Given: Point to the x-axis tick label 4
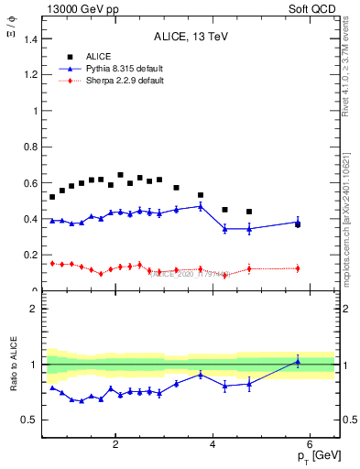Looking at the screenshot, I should click(x=213, y=445).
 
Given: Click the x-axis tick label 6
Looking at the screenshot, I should click(x=311, y=445).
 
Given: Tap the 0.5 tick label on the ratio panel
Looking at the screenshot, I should click(x=30, y=420).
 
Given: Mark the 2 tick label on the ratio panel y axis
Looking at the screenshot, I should click(x=35, y=309).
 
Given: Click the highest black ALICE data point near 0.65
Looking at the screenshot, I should click(x=120, y=175).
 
